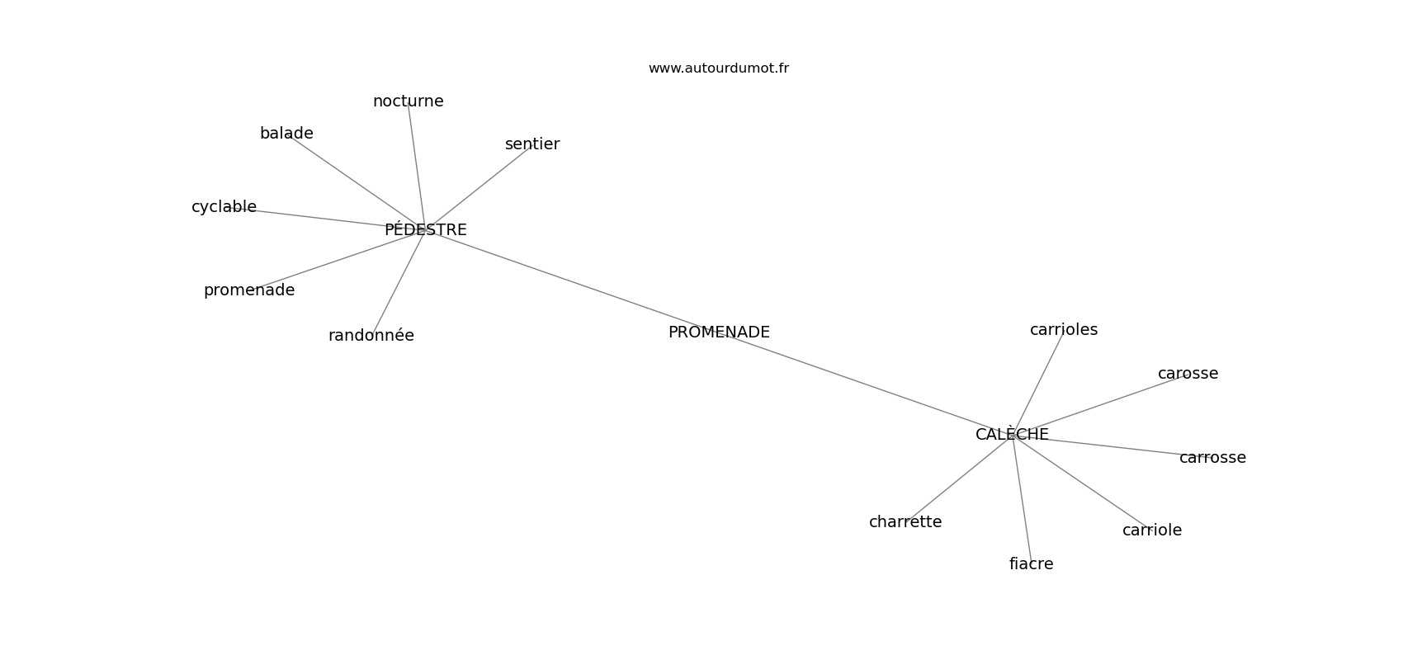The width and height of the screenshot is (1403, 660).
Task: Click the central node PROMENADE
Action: [718, 332]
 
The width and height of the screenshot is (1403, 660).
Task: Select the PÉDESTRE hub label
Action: [425, 230]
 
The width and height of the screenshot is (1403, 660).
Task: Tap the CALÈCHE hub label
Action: [1012, 435]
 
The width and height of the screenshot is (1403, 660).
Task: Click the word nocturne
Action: [408, 101]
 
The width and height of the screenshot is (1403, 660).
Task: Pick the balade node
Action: [286, 134]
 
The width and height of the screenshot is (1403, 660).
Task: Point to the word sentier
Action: [532, 144]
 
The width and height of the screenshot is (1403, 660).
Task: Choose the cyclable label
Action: [224, 207]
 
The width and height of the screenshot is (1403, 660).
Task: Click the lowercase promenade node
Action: [248, 290]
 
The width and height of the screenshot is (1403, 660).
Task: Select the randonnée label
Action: [371, 336]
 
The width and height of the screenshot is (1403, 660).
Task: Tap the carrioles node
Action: [1063, 330]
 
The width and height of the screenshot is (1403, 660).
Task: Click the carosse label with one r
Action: [1188, 374]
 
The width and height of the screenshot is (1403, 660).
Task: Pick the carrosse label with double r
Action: [1212, 458]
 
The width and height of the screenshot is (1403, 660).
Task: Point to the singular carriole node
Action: [1151, 530]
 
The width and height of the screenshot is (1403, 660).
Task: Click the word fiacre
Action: [1031, 564]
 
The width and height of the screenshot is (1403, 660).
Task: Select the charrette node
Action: [905, 522]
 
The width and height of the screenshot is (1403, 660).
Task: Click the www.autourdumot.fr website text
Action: [718, 68]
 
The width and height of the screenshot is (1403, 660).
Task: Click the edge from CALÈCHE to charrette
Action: [959, 478]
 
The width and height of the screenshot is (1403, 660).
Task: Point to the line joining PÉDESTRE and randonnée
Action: [399, 282]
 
